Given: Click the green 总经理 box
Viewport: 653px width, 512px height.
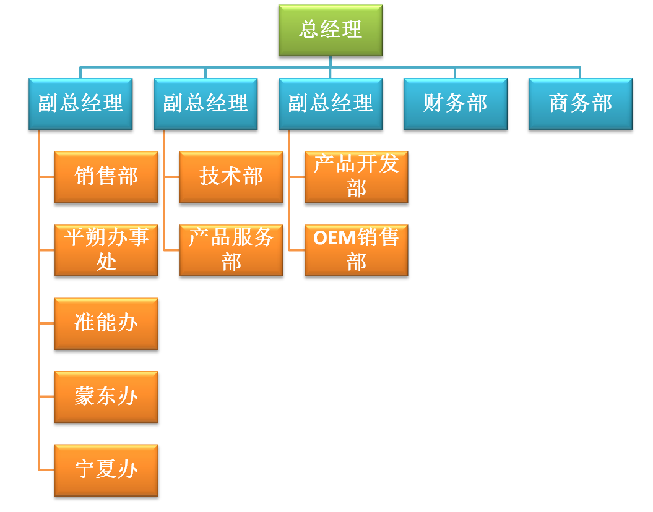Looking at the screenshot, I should click(331, 30).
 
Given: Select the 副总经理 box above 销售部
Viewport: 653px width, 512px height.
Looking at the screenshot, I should click(80, 104).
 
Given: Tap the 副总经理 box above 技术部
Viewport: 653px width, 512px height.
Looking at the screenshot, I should click(205, 104).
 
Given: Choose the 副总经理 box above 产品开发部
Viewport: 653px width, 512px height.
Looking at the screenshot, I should click(331, 104).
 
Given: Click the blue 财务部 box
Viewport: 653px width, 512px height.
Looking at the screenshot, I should click(456, 104).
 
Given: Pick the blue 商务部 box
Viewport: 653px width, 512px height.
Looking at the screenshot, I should click(581, 104).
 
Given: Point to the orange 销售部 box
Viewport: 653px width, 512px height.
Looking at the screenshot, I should click(106, 177).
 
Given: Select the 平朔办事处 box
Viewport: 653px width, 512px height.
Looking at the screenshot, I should click(106, 250).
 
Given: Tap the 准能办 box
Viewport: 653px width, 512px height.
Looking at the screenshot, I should click(106, 323).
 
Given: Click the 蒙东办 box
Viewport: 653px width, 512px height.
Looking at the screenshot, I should click(106, 396).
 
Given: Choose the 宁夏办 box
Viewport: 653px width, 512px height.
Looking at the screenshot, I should click(106, 470).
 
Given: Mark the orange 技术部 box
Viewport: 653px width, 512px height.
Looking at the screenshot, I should click(231, 177).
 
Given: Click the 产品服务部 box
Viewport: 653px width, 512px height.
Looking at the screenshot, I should click(231, 250).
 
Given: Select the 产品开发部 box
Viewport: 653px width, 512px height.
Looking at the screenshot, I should click(357, 177).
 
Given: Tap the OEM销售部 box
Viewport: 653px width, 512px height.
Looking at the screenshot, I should click(357, 250).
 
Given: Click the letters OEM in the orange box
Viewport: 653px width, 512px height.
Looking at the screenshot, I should click(334, 238).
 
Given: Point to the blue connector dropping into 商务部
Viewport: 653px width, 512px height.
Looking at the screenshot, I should click(581, 72).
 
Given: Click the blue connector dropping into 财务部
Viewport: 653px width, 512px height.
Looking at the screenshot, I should click(456, 72).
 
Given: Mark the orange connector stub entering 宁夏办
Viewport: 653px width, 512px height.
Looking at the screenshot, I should click(47, 470).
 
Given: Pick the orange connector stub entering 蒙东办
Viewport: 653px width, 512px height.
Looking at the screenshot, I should click(47, 396).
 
